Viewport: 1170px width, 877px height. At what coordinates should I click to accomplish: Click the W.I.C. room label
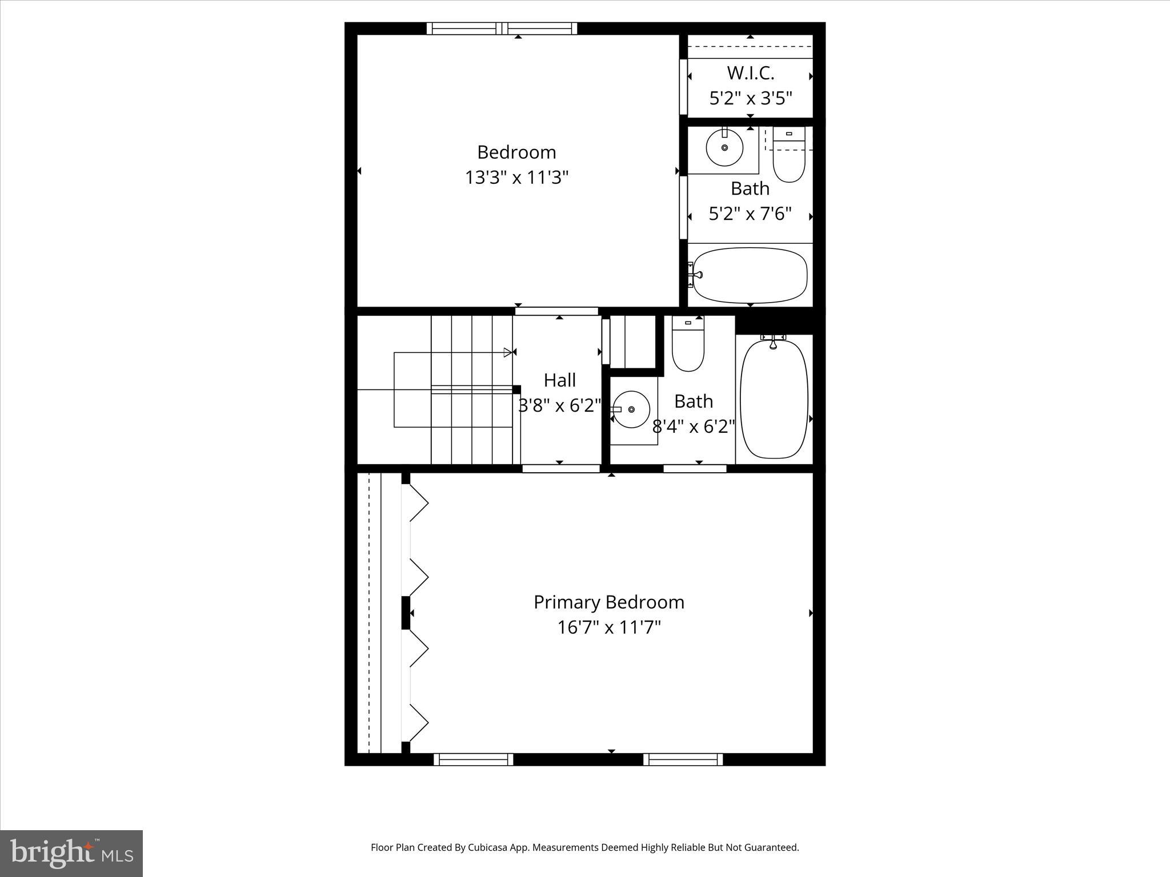click(x=750, y=73)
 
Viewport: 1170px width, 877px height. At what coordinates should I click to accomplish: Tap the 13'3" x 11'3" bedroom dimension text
click(x=516, y=178)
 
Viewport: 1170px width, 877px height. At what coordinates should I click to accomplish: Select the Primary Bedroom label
click(x=608, y=602)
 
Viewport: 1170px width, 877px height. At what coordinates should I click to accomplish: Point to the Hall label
click(x=559, y=380)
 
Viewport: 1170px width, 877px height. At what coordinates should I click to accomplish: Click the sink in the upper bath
click(x=724, y=147)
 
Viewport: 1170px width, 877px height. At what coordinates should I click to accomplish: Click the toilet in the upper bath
click(x=789, y=157)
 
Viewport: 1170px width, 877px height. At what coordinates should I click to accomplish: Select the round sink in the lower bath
click(x=631, y=409)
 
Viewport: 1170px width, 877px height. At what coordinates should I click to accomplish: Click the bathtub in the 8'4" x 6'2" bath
click(x=774, y=399)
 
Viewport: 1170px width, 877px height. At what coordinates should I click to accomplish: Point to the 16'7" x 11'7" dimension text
click(x=608, y=627)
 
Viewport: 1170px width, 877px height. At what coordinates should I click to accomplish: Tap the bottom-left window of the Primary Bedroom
click(x=473, y=759)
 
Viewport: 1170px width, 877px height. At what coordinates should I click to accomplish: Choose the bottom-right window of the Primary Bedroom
click(x=683, y=759)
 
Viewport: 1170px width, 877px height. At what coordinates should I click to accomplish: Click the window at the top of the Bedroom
click(x=502, y=29)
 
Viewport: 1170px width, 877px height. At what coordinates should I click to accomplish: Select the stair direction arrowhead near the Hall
click(x=507, y=352)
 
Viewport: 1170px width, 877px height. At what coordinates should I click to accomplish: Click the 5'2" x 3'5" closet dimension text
click(x=750, y=99)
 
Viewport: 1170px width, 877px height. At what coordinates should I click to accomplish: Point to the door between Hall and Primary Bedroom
click(x=560, y=469)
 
